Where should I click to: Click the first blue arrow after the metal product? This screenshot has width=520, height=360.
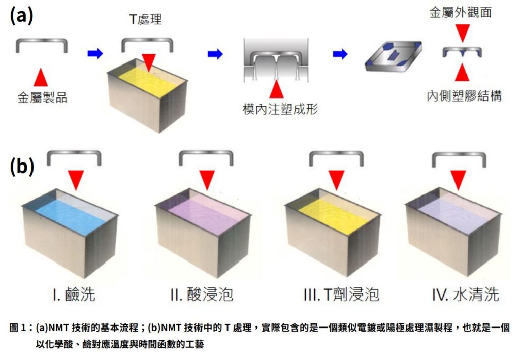tap(94, 53)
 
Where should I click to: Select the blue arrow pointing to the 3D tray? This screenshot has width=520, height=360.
tap(340, 54)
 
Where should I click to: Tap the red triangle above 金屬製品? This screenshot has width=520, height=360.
tap(41, 77)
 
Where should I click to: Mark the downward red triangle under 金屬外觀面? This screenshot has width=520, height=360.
tap(461, 34)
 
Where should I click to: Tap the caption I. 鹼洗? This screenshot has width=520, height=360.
tap(73, 294)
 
